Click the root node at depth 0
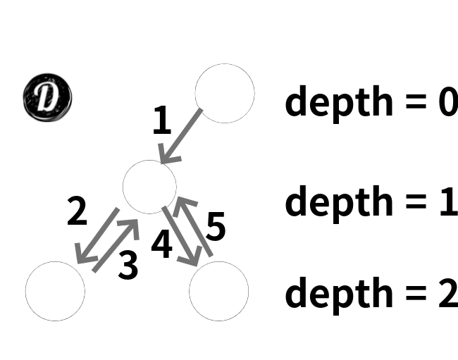(224, 94)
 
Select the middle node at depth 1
(149, 187)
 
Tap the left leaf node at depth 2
(55, 291)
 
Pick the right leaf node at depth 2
(218, 291)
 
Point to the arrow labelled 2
(97, 236)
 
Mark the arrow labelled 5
(193, 225)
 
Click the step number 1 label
(162, 121)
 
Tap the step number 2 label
(77, 211)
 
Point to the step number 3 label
(128, 265)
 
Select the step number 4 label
(162, 244)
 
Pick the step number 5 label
(216, 227)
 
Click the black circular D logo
(48, 97)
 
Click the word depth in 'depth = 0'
(338, 102)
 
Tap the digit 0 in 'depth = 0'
(446, 103)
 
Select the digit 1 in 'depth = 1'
(447, 201)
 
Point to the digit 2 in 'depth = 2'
(447, 293)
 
